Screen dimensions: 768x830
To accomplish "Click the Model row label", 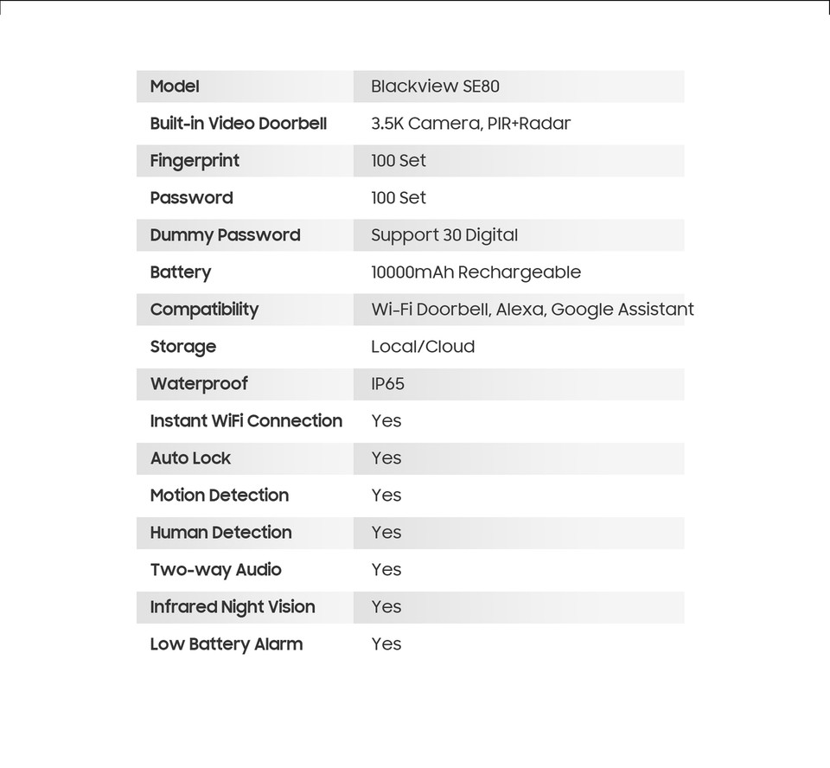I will (x=175, y=86).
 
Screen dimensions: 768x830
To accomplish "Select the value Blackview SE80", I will (x=435, y=86).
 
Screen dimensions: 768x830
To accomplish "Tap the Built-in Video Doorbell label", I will (x=239, y=124).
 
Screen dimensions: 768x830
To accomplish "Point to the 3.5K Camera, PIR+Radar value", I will (x=470, y=124).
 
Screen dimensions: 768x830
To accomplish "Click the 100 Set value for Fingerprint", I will (x=399, y=161).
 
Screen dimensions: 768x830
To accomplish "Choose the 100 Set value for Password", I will (x=399, y=198).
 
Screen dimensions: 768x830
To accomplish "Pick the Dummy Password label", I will (x=225, y=235).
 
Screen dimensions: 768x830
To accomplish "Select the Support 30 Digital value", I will (x=444, y=235).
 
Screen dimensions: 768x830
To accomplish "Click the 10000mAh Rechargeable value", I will (x=476, y=272).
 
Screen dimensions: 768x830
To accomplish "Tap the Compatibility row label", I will (x=204, y=310).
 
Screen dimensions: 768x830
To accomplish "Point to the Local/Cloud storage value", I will (x=423, y=347).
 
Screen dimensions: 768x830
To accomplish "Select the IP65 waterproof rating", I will (x=387, y=384).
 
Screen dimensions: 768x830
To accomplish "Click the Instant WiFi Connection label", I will (x=246, y=421).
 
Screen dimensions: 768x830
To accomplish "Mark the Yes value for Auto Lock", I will (x=386, y=458).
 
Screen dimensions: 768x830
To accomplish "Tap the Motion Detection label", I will (x=220, y=496).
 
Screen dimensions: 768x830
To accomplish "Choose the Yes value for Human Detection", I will (x=386, y=533).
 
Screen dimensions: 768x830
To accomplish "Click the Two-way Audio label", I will (x=216, y=570).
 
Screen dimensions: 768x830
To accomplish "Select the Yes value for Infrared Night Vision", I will (x=386, y=607).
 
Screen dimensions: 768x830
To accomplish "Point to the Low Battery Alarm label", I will (x=227, y=644).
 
